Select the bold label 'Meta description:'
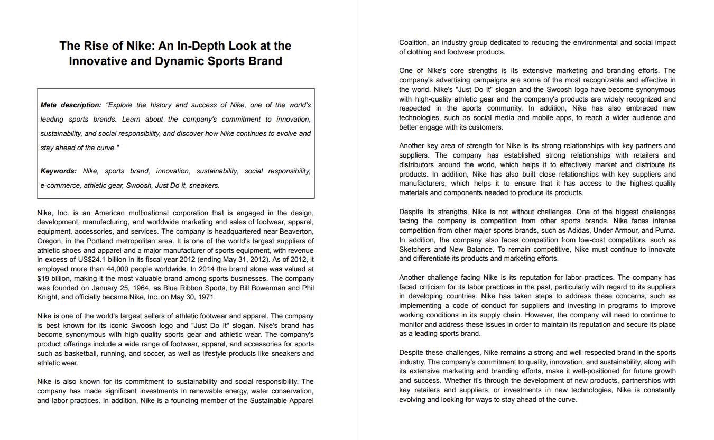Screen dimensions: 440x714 tap(71, 105)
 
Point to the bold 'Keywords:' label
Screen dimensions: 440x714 tap(59, 171)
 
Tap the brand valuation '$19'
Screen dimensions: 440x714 tap(44, 279)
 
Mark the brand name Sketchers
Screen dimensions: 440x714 tap(415, 249)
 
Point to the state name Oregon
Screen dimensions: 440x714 tap(49, 241)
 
